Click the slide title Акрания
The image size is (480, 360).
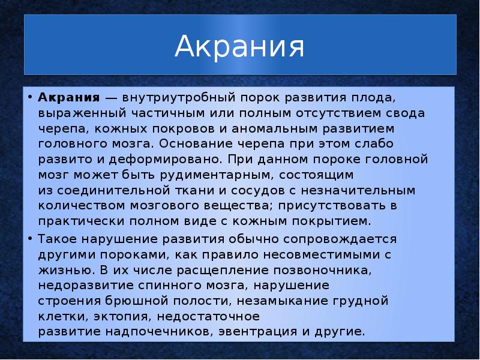point(239,47)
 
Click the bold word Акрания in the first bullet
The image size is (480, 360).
point(68,97)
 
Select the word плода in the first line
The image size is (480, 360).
point(372,97)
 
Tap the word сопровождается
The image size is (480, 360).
point(337,239)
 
